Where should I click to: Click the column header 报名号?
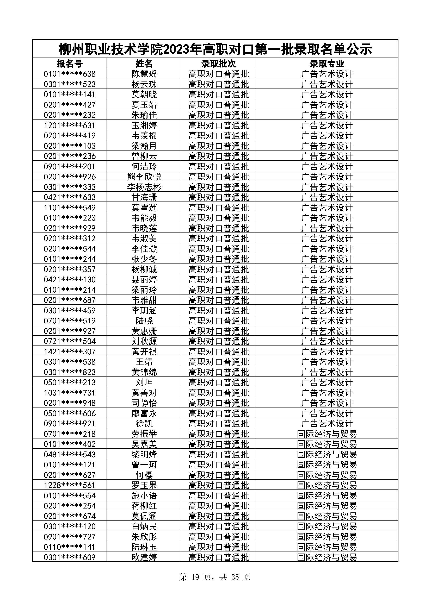70,64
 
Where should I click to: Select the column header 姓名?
144,64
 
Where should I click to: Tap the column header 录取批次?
218,64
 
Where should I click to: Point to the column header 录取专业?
327,64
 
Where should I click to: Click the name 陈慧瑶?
144,74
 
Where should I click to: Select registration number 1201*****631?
70,125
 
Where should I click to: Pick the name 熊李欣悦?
144,177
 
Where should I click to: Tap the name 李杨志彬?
144,187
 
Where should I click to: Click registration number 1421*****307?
70,352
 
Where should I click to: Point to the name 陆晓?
144,321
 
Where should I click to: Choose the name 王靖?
144,362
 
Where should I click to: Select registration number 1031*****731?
70,393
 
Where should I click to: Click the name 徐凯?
144,424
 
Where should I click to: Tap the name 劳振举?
144,434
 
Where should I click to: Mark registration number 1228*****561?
70,485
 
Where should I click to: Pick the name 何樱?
144,475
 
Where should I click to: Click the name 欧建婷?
144,557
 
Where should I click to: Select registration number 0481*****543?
70,454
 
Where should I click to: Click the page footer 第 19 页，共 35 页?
215,577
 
